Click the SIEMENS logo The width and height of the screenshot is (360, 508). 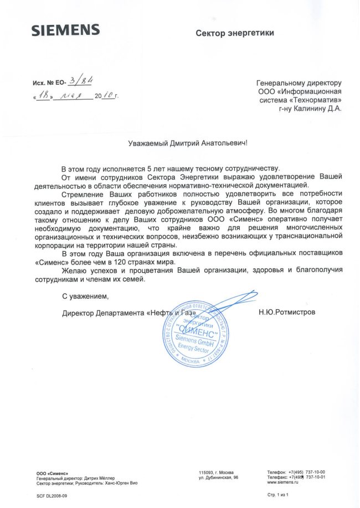65,30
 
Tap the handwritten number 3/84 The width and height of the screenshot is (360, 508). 80,81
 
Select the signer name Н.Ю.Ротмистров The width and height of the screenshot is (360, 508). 287,312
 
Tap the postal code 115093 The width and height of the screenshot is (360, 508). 205,471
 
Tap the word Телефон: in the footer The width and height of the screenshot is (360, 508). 276,471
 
